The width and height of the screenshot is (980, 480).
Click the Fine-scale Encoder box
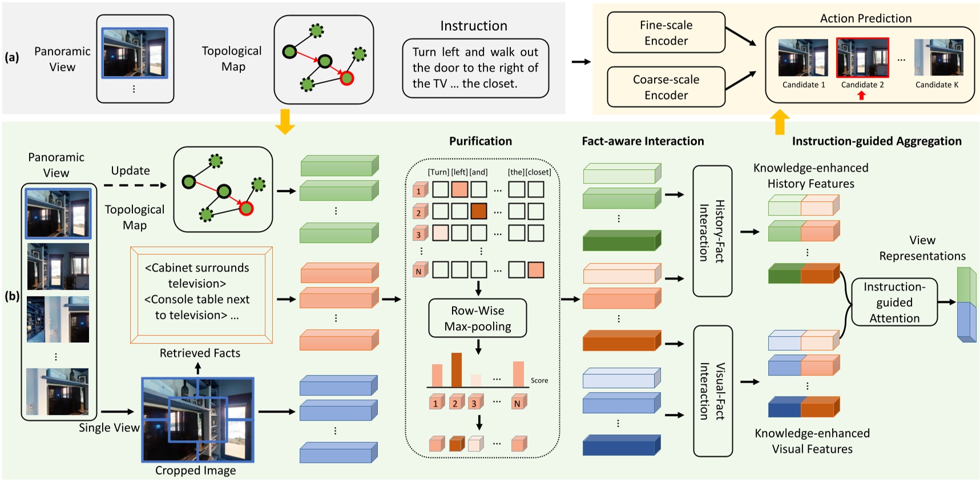click(666, 33)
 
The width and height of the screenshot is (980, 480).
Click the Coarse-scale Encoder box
click(666, 87)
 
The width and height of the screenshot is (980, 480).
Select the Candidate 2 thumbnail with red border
click(862, 58)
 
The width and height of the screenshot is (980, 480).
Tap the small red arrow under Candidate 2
click(861, 95)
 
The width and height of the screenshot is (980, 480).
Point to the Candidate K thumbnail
click(938, 58)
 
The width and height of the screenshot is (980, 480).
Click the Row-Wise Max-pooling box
click(477, 318)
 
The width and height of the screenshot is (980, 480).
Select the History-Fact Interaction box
click(712, 231)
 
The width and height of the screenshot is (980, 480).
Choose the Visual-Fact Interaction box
click(712, 391)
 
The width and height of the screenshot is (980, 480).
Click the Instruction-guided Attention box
click(894, 302)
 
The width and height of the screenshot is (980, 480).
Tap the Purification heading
click(480, 141)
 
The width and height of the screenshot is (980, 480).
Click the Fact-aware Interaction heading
click(643, 141)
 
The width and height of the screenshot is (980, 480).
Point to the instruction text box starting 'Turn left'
click(475, 68)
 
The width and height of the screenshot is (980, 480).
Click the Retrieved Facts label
click(200, 353)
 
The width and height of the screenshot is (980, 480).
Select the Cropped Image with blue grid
click(197, 419)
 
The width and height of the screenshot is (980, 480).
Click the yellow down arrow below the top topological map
click(284, 121)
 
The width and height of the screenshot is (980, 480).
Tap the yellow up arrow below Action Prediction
click(780, 122)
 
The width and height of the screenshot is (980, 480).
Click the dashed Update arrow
click(135, 185)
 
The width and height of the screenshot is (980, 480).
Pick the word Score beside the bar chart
click(539, 381)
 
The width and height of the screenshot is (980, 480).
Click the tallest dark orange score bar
click(456, 370)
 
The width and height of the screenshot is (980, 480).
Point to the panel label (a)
click(12, 57)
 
